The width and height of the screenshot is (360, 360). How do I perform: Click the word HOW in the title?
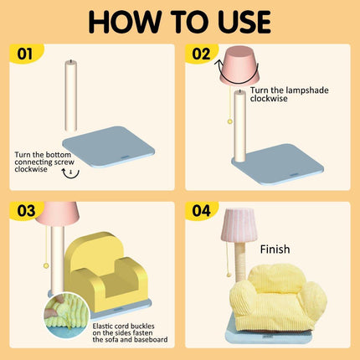[125, 22]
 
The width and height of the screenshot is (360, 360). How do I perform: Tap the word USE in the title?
[241, 22]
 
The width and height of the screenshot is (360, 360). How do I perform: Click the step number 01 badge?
[25, 54]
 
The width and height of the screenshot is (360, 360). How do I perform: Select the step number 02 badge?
[201, 54]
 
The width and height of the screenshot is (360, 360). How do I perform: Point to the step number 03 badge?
[26, 211]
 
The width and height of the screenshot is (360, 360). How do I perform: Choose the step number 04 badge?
[201, 211]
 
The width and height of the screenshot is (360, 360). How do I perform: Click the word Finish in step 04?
[275, 249]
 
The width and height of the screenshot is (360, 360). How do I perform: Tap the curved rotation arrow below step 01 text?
[70, 176]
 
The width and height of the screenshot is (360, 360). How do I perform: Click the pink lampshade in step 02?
[239, 65]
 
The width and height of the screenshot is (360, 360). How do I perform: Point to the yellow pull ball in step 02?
[230, 121]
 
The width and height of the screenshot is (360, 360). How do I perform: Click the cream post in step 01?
[71, 95]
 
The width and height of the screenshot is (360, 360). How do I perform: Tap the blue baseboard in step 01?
[109, 147]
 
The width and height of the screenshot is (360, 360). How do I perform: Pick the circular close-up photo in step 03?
[66, 316]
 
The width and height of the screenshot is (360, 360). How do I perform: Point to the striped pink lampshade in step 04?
[239, 225]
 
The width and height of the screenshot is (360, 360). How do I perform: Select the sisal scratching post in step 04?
[240, 261]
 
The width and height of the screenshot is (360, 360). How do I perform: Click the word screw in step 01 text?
[64, 162]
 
